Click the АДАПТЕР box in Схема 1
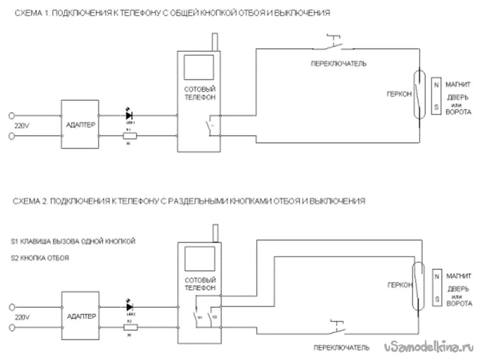[x=79, y=124]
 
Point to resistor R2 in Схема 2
[x=129, y=327]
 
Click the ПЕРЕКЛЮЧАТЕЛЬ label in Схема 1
[x=338, y=64]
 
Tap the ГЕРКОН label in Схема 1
[x=399, y=94]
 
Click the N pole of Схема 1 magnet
[x=435, y=84]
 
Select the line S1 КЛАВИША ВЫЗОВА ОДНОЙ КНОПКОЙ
[x=73, y=241]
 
